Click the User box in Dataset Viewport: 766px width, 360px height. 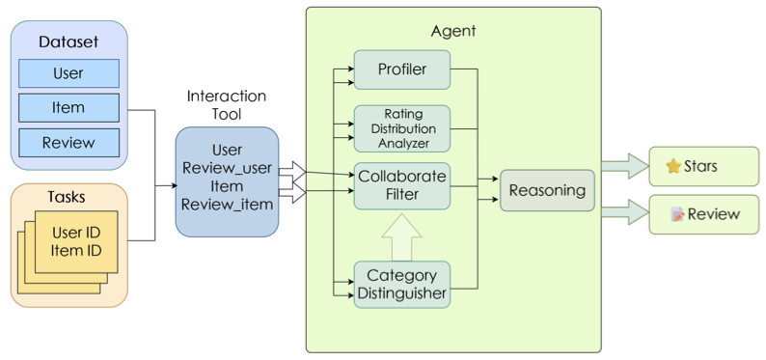[x=68, y=73]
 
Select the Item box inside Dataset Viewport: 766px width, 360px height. [x=68, y=107]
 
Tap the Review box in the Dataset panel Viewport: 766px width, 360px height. [x=68, y=143]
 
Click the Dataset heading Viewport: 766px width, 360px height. [x=68, y=42]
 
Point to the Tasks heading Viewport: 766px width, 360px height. [x=67, y=197]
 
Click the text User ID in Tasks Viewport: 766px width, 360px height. [x=76, y=233]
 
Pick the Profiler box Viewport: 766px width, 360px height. [x=402, y=69]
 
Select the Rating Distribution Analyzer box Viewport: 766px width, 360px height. [x=402, y=129]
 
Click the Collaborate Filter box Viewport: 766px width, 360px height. [x=402, y=186]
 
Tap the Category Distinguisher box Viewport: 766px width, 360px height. [x=402, y=285]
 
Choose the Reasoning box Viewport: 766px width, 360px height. [x=547, y=190]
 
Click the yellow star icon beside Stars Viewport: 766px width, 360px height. [x=673, y=167]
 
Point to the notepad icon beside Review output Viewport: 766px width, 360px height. [x=677, y=214]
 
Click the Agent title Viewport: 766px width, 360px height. [x=452, y=32]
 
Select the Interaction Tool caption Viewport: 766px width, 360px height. [x=227, y=104]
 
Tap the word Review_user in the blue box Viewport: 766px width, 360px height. [x=227, y=168]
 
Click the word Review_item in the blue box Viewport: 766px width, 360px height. [x=227, y=205]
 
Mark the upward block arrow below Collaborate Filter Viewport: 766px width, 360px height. [x=401, y=236]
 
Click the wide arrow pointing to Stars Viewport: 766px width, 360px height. [x=625, y=166]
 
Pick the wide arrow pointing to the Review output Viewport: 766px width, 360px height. [x=625, y=212]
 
